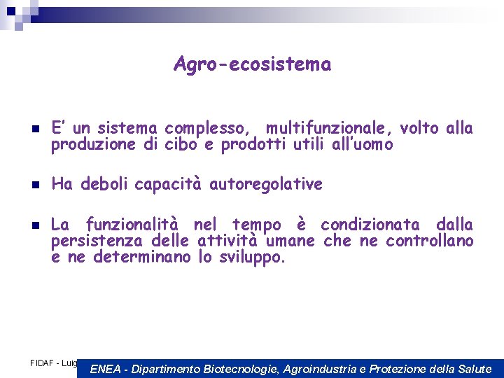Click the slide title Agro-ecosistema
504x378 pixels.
click(x=252, y=65)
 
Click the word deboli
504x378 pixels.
click(x=105, y=185)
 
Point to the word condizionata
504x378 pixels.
click(x=370, y=225)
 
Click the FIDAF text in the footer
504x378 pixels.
click(x=43, y=363)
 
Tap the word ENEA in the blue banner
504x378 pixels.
click(x=106, y=369)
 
